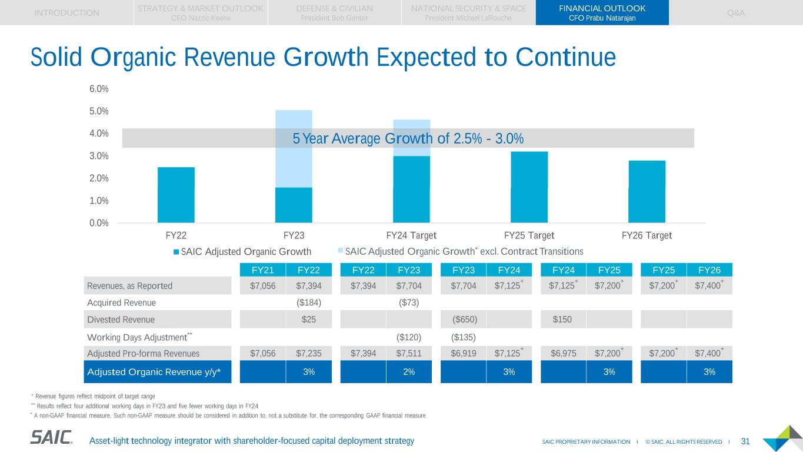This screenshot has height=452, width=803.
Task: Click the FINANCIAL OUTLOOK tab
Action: pyautogui.click(x=602, y=12)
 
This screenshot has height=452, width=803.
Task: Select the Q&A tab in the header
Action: pyautogui.click(x=735, y=12)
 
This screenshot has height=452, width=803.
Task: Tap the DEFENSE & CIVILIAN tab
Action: pyautogui.click(x=334, y=12)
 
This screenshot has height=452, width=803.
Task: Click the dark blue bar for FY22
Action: pyautogui.click(x=176, y=195)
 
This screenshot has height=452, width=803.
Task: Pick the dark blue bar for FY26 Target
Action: pyautogui.click(x=647, y=191)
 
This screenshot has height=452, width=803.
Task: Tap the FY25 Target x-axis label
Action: pyautogui.click(x=529, y=235)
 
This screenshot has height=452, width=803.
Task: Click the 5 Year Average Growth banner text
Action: pyautogui.click(x=408, y=138)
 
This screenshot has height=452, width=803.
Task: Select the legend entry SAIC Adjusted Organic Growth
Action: pyautogui.click(x=242, y=252)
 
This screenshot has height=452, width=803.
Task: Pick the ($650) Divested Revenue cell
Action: pyautogui.click(x=464, y=320)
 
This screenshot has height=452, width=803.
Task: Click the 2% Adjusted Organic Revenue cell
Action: pyautogui.click(x=409, y=372)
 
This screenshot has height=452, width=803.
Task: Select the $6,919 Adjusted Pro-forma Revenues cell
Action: pyautogui.click(x=464, y=354)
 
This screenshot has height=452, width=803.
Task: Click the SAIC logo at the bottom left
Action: pyautogui.click(x=52, y=437)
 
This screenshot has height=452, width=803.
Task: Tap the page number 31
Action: pyautogui.click(x=745, y=441)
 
